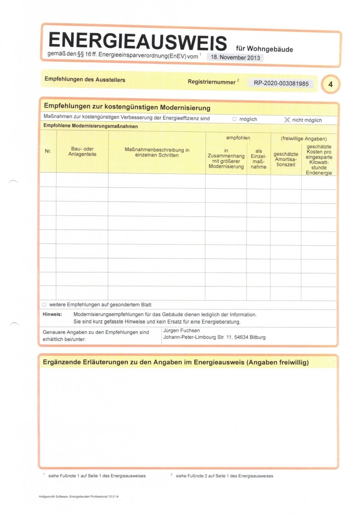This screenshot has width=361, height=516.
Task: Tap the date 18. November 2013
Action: click(x=235, y=57)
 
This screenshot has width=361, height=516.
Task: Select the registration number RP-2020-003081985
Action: click(x=281, y=83)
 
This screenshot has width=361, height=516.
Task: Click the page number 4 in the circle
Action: click(x=330, y=84)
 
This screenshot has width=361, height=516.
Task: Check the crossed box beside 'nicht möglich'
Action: click(x=287, y=120)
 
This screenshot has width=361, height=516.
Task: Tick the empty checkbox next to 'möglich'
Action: click(x=234, y=119)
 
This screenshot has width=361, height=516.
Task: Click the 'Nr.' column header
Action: click(x=48, y=151)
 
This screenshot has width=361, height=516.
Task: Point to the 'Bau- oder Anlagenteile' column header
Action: click(x=82, y=151)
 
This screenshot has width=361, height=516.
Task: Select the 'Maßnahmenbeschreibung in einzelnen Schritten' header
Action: click(x=157, y=152)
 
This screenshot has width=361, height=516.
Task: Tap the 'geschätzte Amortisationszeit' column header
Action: click(x=286, y=159)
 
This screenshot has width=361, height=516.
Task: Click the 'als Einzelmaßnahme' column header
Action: click(x=259, y=159)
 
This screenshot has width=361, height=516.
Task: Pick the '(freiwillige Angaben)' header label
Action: click(x=304, y=139)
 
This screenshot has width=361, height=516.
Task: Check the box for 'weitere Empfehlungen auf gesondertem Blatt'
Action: click(x=44, y=304)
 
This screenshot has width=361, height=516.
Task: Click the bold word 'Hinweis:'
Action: click(x=52, y=314)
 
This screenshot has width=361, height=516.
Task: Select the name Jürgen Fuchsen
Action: click(x=181, y=331)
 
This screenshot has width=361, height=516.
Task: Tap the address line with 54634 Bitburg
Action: click(x=214, y=337)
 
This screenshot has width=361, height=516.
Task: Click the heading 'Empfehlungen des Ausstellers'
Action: click(x=85, y=79)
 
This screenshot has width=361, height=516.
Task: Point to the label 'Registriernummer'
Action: click(x=212, y=82)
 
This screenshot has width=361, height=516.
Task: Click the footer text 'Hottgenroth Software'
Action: click(x=53, y=496)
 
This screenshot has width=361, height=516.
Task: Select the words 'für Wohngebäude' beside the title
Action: click(x=264, y=49)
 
